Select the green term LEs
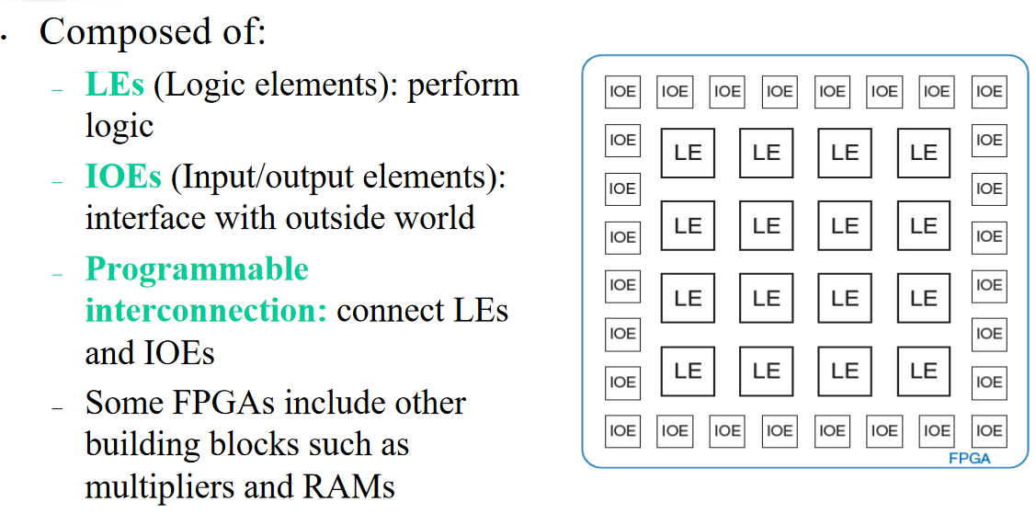115,85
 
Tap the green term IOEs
123,177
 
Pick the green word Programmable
197,269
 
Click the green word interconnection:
206,311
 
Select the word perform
463,86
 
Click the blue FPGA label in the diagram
969,458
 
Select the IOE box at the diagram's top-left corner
622,91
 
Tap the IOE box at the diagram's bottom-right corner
989,429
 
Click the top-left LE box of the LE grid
688,153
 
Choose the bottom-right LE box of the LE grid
923,371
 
